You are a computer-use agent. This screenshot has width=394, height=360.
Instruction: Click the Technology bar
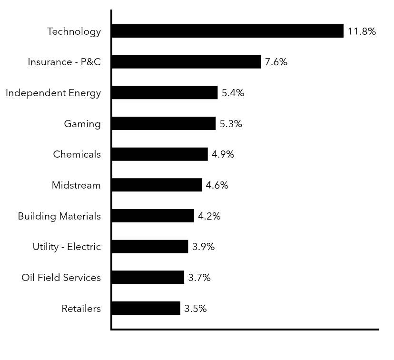[227, 31]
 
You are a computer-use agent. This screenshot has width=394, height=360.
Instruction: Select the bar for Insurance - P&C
[186, 62]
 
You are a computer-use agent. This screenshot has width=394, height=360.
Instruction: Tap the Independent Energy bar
[165, 92]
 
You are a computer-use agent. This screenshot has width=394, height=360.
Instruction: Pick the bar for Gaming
[164, 123]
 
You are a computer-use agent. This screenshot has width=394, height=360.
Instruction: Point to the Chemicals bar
[160, 154]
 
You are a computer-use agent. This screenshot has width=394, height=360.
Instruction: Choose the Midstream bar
[157, 185]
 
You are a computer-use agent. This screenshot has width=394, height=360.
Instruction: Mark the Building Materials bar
[153, 216]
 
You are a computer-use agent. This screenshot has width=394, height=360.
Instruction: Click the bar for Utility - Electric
[150, 247]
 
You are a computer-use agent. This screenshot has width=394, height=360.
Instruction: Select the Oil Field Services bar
[148, 277]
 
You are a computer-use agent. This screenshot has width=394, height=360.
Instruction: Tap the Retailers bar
[146, 308]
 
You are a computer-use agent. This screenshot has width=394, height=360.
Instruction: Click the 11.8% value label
[362, 31]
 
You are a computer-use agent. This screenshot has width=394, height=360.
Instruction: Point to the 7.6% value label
[276, 62]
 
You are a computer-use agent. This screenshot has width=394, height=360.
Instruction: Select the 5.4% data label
[233, 93]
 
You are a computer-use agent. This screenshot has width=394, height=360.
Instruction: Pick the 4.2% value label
[209, 216]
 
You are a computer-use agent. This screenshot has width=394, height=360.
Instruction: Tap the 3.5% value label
[195, 309]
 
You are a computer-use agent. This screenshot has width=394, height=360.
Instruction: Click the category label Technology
[74, 31]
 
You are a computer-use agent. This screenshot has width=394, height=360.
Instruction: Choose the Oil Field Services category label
[61, 278]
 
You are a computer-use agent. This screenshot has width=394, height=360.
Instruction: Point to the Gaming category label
[82, 124]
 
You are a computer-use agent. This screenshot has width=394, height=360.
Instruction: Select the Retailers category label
[81, 309]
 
